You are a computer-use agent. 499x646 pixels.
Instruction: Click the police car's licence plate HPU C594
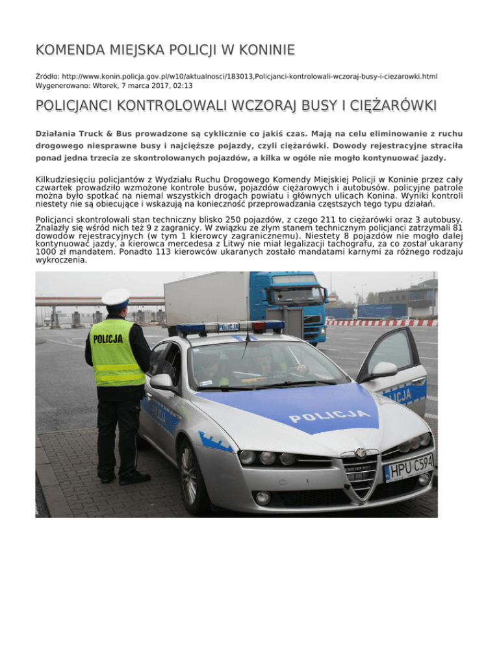click(x=409, y=466)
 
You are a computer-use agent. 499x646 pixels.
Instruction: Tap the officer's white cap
click(x=116, y=298)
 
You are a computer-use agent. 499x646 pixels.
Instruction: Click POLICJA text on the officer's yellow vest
click(x=108, y=339)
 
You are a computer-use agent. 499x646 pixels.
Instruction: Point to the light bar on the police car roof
click(x=230, y=328)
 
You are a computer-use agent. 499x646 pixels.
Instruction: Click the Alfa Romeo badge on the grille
click(x=360, y=452)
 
